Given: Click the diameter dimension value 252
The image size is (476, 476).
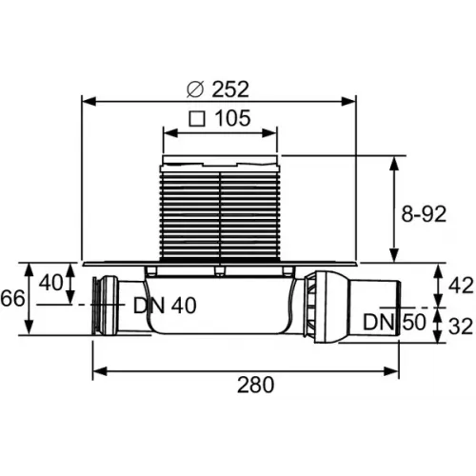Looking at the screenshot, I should click(x=228, y=89).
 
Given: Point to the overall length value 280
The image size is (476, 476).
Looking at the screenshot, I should click(x=254, y=385).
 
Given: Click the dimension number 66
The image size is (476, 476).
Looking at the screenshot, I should click(x=13, y=299).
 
